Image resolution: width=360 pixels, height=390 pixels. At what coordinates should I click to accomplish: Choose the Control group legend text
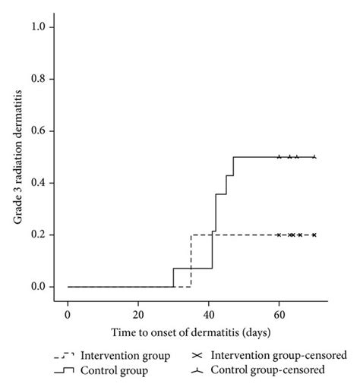tap(121, 370)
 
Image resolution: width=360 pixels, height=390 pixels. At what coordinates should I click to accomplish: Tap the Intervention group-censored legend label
tap(279, 355)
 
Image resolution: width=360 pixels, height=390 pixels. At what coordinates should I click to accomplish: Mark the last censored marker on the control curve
tap(314, 157)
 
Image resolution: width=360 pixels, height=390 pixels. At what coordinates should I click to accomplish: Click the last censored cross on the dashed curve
tap(314, 235)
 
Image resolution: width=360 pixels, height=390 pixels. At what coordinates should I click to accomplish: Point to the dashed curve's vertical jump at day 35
tap(191, 261)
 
